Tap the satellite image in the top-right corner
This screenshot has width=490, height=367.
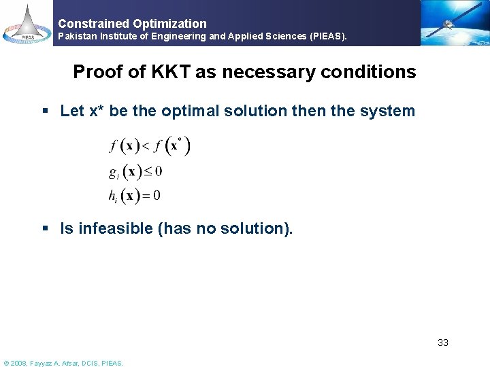coord(453,22)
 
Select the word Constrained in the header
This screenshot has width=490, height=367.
coord(91,23)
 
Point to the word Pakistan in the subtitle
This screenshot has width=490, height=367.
coord(78,35)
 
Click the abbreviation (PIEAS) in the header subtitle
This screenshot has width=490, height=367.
coord(325,35)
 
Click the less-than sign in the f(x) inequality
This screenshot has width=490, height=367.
coord(145,147)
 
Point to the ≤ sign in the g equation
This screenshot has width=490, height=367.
coord(148,171)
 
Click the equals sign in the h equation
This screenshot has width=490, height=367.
coord(146,196)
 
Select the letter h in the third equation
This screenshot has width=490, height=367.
coord(112,196)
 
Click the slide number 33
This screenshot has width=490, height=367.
coord(442,343)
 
